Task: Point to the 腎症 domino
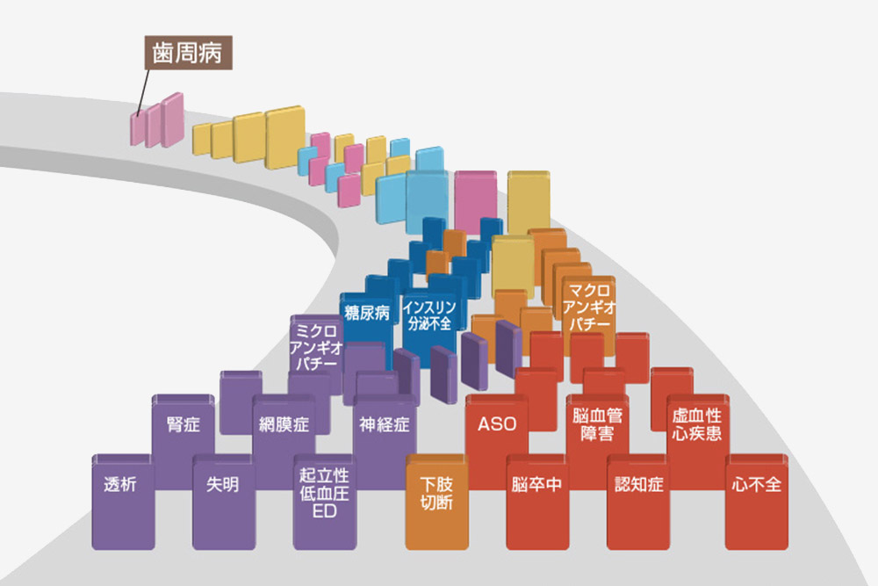[184, 425]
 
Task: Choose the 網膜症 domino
[284, 425]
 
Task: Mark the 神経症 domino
[384, 425]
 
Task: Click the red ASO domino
[497, 425]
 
